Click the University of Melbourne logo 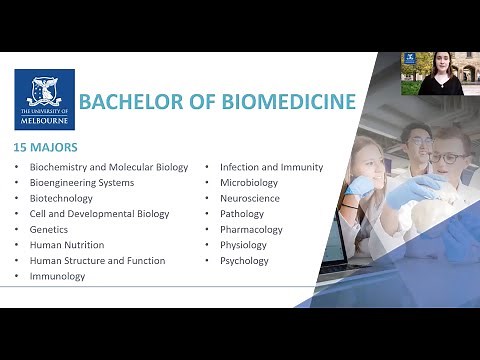click(x=45, y=99)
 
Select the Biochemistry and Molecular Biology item click(x=109, y=167)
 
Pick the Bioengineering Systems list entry click(x=82, y=183)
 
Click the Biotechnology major click(x=62, y=198)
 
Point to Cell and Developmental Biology click(x=99, y=214)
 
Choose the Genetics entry click(x=50, y=229)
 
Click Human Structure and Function click(x=97, y=260)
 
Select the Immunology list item click(x=58, y=276)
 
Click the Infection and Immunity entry click(x=271, y=167)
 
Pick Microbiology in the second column click(x=249, y=183)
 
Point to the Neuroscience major click(x=250, y=198)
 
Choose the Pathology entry click(x=242, y=214)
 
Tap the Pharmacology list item click(x=251, y=229)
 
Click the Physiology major click(x=243, y=245)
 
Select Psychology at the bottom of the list click(x=244, y=260)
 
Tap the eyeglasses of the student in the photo click(x=448, y=158)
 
